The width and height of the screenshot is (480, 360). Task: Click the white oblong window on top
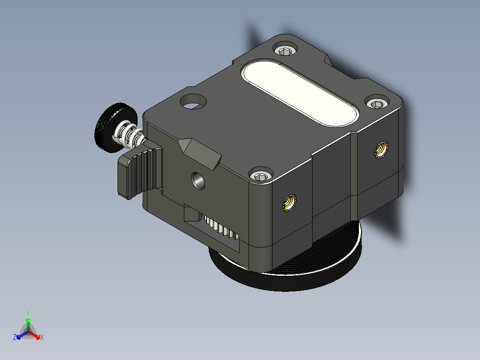point(300,93)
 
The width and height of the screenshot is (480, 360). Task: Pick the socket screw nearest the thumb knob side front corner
point(261,175)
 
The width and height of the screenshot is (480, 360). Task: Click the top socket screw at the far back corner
point(285,49)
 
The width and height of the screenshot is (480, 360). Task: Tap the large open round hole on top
point(193,102)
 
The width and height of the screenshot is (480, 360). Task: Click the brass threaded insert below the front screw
point(289,203)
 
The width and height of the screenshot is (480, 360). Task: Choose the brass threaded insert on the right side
point(382,150)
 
